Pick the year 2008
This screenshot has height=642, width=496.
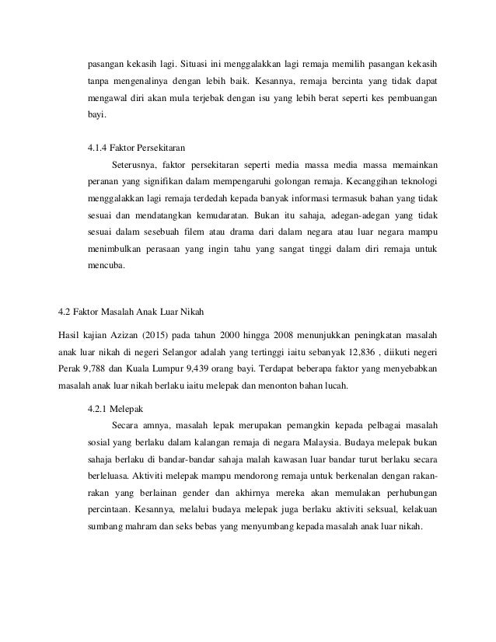(x=279, y=333)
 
